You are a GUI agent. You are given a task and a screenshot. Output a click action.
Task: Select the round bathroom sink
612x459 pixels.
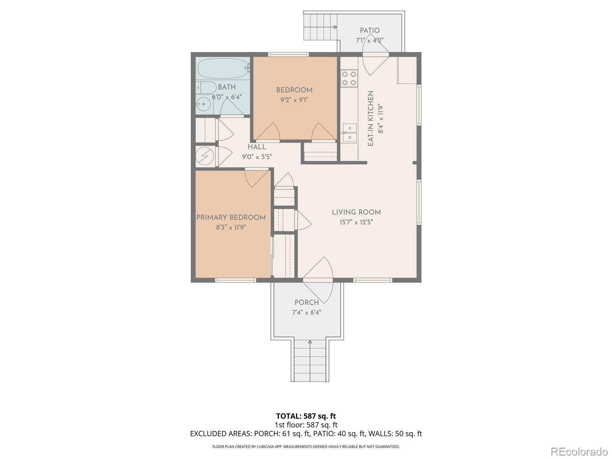[203, 104]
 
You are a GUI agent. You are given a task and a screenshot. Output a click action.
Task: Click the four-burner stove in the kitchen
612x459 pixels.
[349, 78]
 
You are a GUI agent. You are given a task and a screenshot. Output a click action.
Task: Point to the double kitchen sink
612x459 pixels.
[350, 133]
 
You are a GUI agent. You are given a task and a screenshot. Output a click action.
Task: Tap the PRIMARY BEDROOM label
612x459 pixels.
[231, 217]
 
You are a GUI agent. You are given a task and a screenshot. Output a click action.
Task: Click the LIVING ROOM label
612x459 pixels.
[356, 212]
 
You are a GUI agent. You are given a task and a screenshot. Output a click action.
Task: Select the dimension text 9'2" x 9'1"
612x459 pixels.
[294, 100]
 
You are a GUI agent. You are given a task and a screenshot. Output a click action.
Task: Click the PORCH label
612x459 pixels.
[306, 303]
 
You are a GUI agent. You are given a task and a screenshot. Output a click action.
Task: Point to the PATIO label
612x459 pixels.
[369, 31]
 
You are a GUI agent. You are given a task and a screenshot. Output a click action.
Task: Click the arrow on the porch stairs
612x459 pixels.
[310, 343]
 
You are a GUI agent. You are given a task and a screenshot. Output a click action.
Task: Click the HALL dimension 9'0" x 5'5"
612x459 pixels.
[257, 157]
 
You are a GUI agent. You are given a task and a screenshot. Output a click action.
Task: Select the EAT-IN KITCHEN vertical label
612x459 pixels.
[370, 119]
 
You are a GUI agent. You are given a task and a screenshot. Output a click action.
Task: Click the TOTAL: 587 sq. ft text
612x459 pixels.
[306, 416]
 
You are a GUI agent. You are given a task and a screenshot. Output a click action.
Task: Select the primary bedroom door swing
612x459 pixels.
[255, 178]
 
